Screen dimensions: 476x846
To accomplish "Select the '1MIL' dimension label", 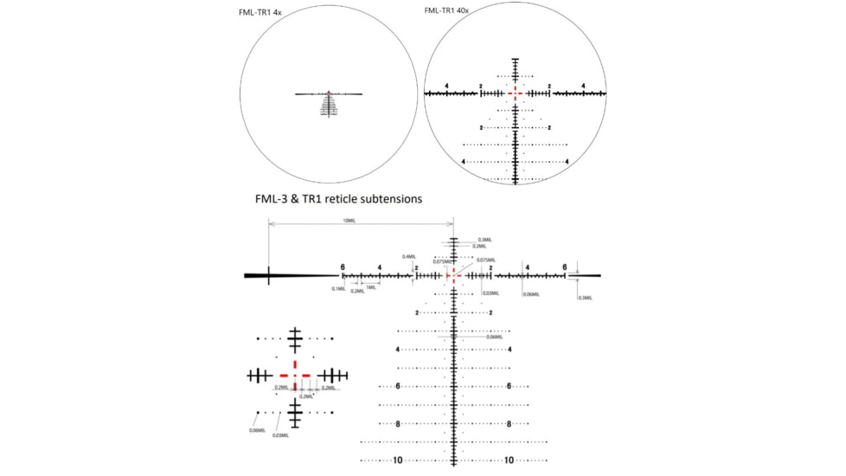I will pos(370,287).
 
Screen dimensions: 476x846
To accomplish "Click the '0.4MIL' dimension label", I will pos(409,256).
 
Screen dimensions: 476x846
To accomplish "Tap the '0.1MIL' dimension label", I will pos(338,289).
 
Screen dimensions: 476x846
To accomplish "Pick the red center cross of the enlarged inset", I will pos(295,375).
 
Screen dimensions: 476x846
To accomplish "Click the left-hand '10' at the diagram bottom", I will pos(398,460).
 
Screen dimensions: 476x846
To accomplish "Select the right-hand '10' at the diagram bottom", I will pos(510,460).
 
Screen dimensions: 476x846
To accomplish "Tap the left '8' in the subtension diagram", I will pos(398,424).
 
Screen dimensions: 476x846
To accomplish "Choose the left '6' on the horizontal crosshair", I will pos(343,267).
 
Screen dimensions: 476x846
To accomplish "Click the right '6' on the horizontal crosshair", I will pos(565,267).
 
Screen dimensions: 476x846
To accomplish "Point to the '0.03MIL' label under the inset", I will pos(280,434).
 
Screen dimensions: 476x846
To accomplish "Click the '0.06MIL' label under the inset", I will pos(256,429).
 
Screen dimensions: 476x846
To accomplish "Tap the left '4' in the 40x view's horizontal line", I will pos(446,86).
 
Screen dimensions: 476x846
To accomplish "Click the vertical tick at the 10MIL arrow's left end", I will pos(269,275).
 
